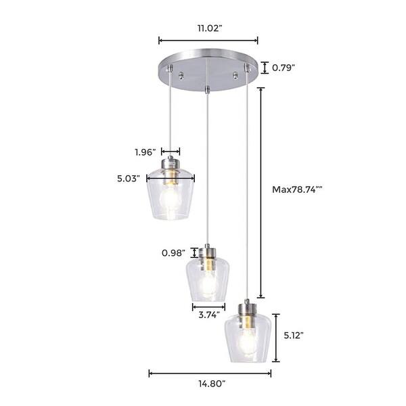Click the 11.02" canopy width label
(208, 29)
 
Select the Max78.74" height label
(296, 190)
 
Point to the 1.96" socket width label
(145, 152)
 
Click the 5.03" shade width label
(127, 179)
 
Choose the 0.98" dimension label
(173, 253)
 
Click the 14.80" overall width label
(210, 384)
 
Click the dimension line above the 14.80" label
(210, 372)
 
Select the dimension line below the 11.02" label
(208, 41)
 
